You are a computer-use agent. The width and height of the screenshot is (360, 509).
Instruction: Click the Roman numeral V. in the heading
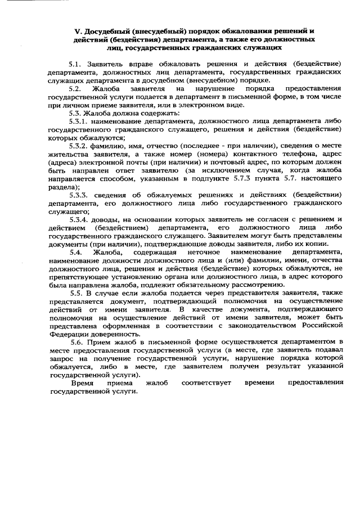coord(78,31)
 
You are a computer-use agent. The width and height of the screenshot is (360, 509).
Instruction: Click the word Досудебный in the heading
coord(108,31)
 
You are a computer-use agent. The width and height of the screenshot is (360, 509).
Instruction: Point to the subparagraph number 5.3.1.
coord(79,121)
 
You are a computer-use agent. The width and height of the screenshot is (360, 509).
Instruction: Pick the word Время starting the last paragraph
coord(83,382)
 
